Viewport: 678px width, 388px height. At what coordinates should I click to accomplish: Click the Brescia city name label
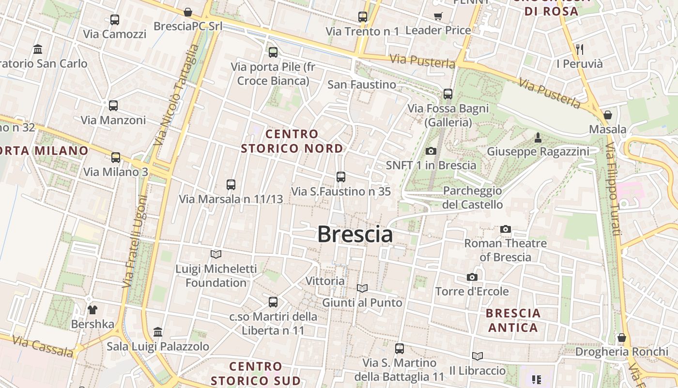pos(355,235)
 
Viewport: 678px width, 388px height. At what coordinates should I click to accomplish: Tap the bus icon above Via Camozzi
pos(115,20)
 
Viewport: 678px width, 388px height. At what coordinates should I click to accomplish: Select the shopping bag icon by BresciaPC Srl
pos(188,12)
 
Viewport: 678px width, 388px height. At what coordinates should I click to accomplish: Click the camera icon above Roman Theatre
pos(506,229)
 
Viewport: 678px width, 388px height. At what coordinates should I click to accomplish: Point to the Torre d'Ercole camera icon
pos(472,277)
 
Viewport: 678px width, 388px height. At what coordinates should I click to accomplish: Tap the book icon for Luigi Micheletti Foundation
pos(216,254)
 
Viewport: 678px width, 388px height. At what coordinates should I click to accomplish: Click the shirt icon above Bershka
pos(92,309)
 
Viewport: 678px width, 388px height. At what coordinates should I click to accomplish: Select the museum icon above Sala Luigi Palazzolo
pos(158,332)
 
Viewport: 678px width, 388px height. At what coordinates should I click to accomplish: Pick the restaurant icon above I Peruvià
pos(580,49)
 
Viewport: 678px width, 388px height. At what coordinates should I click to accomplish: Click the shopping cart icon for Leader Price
pos(438,16)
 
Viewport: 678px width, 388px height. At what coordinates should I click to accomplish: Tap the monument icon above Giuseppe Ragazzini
pos(538,138)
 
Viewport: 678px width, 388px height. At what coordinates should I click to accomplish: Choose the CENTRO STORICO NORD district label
pos(292,141)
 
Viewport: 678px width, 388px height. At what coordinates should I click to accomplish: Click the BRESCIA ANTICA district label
pos(513,320)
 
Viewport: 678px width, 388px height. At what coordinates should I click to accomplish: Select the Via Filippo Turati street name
pos(613,189)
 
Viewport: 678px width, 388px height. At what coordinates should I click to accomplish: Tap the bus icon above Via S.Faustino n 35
pos(341,177)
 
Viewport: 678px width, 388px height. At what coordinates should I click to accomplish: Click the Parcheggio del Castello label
pos(472,197)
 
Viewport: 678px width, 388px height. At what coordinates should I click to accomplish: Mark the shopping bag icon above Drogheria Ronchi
pos(622,338)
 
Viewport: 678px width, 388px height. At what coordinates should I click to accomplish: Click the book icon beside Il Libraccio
pos(478,356)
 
